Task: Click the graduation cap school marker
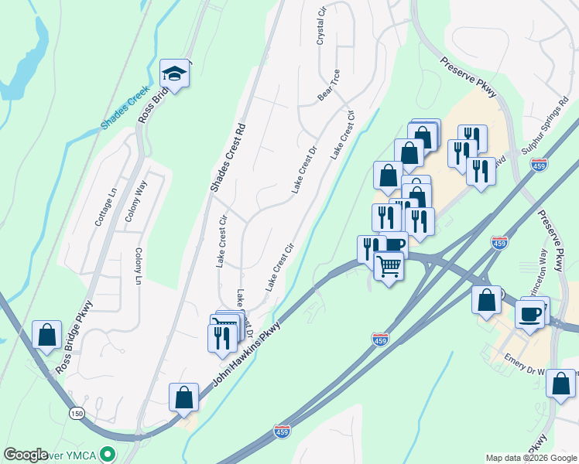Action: tap(174, 74)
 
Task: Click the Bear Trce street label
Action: tap(329, 91)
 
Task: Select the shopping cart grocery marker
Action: tap(389, 267)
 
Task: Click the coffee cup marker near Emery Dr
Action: tap(530, 314)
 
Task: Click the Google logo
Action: tap(26, 455)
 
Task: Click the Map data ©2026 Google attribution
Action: tap(530, 458)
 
